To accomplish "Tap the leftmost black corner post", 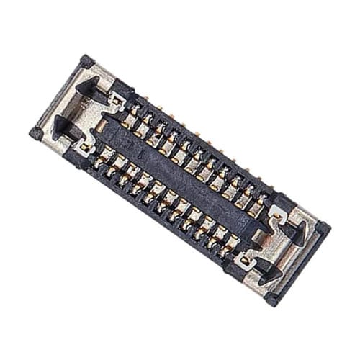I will tap(35, 133).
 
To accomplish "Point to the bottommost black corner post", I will tap(271, 298).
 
